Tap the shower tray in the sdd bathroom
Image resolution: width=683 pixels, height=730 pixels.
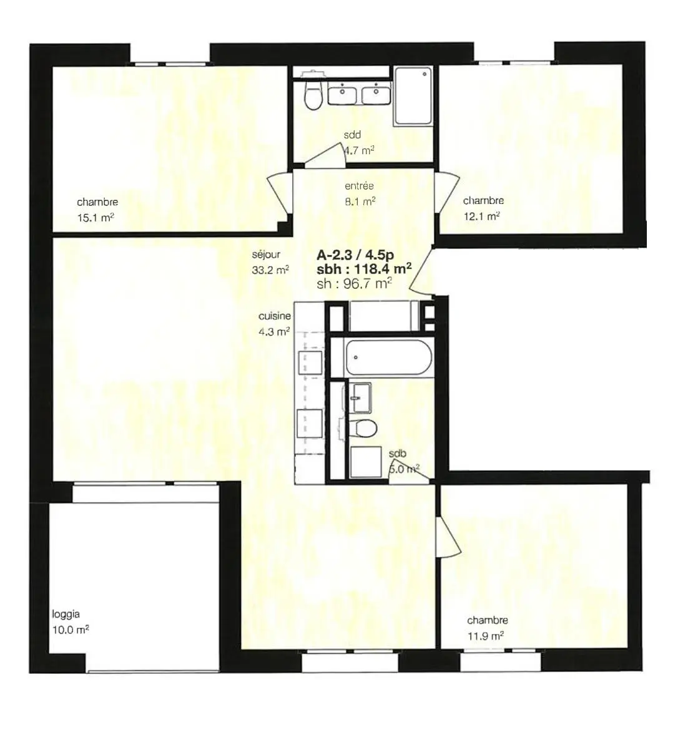pos(413,96)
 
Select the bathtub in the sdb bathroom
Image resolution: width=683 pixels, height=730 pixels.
pos(388,358)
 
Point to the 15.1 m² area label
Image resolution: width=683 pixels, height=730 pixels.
pos(96,217)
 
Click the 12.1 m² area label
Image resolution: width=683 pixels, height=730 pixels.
pos(481,216)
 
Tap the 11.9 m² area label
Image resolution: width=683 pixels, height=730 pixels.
pos(486,636)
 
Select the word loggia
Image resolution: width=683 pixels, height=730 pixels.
pos(66,615)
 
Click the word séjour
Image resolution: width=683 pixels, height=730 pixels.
pos(266,255)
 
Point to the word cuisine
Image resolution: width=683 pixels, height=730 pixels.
pos(275,316)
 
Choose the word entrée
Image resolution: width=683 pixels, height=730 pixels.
pos(359,186)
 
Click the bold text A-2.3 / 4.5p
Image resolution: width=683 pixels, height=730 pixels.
pos(355,255)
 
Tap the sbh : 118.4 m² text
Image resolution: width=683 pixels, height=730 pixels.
pos(364,269)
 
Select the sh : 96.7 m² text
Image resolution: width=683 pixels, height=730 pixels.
pos(354,283)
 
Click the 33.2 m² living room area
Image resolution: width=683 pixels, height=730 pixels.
pos(270,270)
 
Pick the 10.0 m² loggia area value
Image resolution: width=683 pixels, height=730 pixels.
pos(71,630)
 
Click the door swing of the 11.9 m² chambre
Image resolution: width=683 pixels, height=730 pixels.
pos(448,535)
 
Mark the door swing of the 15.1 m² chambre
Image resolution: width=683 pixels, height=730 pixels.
pos(280,193)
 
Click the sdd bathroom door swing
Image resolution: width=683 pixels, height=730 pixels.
pos(325,153)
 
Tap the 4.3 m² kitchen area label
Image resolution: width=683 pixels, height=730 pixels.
pos(274,331)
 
